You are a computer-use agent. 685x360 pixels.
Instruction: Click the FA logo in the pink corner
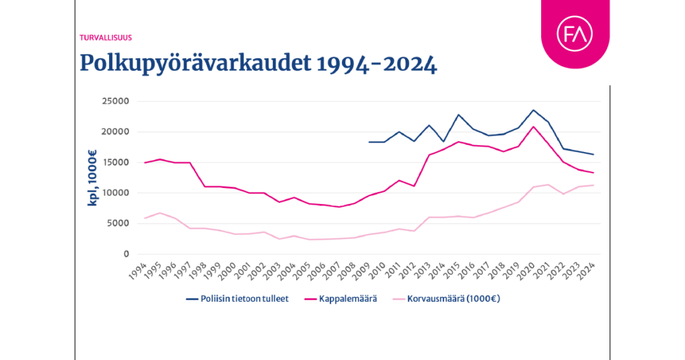click(x=575, y=35)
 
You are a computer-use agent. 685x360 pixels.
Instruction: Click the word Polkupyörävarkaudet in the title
click(x=195, y=64)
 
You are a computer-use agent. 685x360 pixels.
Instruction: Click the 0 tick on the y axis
click(x=125, y=254)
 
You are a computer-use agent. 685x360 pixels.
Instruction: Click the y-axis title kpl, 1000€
click(x=94, y=178)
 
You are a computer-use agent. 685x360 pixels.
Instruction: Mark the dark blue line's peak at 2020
click(x=533, y=110)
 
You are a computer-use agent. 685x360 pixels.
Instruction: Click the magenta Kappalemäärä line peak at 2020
click(x=533, y=126)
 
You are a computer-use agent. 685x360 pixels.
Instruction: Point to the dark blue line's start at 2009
click(x=369, y=142)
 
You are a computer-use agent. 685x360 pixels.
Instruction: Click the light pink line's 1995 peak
click(x=159, y=213)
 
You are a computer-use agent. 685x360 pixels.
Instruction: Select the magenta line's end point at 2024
click(x=593, y=173)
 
